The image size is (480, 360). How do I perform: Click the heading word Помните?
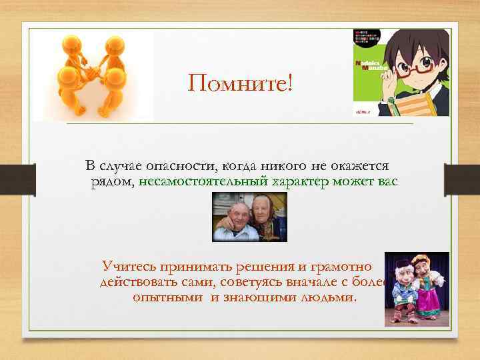tap(240, 85)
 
